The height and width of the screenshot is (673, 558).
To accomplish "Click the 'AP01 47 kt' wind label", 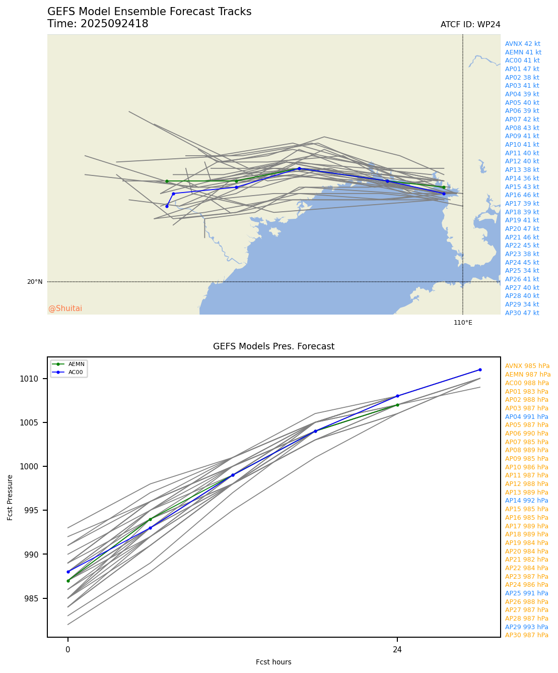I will (522, 69).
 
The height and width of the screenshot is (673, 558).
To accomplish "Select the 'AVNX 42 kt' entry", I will (522, 44).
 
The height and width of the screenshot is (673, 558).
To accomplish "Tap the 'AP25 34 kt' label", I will (522, 271).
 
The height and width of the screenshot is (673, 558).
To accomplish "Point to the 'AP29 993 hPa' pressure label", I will (526, 627).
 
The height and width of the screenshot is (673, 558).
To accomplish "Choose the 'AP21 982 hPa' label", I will (526, 560).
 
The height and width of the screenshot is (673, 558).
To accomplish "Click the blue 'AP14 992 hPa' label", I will (526, 501).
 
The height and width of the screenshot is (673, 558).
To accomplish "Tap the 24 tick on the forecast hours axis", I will (397, 650).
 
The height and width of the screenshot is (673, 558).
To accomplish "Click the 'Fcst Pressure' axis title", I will (11, 497).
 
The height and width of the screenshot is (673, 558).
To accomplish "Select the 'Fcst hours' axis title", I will (273, 662).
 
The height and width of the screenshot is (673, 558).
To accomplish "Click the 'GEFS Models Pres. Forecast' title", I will (273, 346).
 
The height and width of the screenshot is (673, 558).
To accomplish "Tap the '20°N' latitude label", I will (35, 282).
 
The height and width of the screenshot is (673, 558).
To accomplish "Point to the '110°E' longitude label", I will (463, 323).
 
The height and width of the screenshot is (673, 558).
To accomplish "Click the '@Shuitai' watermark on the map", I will (65, 309).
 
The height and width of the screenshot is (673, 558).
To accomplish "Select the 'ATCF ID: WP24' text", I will (470, 25).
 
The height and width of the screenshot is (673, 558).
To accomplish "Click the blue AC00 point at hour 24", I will (397, 396).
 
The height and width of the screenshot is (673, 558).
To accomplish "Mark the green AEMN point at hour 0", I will (68, 581).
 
